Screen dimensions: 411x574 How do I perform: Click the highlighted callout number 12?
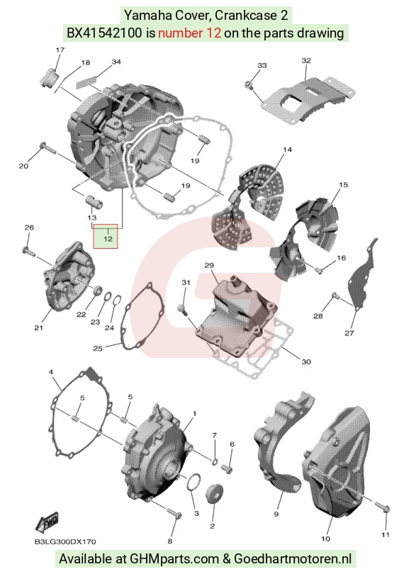(108, 239)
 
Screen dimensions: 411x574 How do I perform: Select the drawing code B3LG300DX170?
(65, 542)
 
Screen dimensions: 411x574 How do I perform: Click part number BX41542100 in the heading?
(104, 33)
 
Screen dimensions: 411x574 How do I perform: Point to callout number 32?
(306, 60)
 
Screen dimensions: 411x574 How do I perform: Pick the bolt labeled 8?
(174, 513)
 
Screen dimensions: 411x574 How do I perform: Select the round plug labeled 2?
(215, 493)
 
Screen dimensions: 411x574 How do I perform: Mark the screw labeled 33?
(249, 85)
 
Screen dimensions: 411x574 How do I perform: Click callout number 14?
(287, 150)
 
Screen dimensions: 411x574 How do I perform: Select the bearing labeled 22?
(98, 291)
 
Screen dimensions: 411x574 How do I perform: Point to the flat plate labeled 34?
(86, 81)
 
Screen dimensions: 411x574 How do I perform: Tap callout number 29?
(209, 265)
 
